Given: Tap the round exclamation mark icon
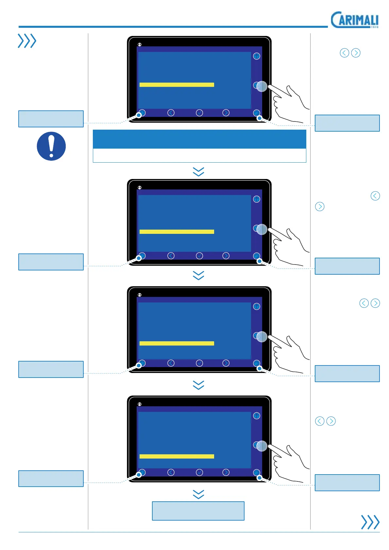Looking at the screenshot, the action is [x=51, y=146].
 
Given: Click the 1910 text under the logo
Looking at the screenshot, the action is [x=375, y=27].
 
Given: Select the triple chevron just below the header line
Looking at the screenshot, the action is [x=27, y=41].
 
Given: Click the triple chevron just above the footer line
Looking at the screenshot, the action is [x=370, y=522].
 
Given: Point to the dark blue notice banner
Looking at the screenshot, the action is [x=199, y=139].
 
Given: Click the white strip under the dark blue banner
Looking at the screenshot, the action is [x=199, y=155].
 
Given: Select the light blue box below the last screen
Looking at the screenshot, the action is [x=198, y=511].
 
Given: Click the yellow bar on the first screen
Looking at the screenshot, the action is [x=177, y=85].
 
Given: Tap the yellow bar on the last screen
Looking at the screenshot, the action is [x=177, y=456].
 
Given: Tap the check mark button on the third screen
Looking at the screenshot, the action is [x=199, y=363].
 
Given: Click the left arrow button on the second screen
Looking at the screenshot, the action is [x=171, y=256].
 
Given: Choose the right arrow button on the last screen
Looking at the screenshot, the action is [x=226, y=472].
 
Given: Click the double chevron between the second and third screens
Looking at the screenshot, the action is [x=198, y=275].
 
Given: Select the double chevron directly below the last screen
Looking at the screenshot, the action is [x=198, y=494].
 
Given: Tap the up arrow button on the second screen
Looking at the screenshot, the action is [x=257, y=199].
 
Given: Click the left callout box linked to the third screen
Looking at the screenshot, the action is [x=51, y=369].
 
